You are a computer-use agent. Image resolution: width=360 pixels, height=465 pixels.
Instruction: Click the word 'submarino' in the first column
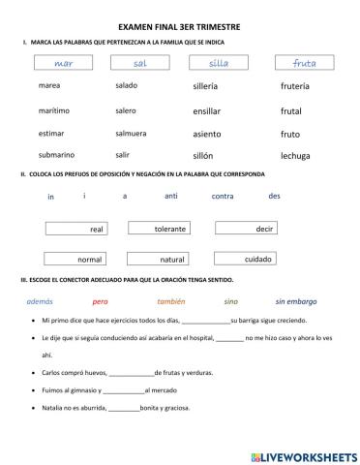coord(55,155)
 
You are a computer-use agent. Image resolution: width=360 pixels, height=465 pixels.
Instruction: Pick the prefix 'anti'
coord(171,196)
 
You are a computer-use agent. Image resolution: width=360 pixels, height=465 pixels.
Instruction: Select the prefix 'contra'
coord(223,196)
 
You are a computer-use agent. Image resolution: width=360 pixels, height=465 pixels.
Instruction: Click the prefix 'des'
coord(274,195)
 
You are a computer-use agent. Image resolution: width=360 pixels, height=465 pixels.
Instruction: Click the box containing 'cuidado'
coord(243,259)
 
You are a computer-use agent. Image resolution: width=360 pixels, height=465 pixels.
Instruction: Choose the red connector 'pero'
coord(100,301)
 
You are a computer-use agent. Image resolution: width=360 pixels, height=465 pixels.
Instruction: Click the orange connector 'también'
coord(170,301)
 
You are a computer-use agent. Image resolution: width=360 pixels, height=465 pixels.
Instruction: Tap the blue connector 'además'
coord(41,301)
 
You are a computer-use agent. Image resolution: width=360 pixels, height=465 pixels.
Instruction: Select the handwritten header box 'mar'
coord(65,63)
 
